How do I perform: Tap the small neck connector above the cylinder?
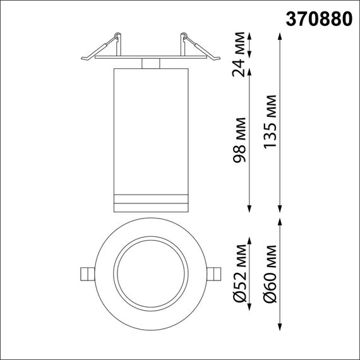(x=150, y=63)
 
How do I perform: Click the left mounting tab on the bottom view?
(x=87, y=273)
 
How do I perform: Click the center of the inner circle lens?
(x=150, y=273)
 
